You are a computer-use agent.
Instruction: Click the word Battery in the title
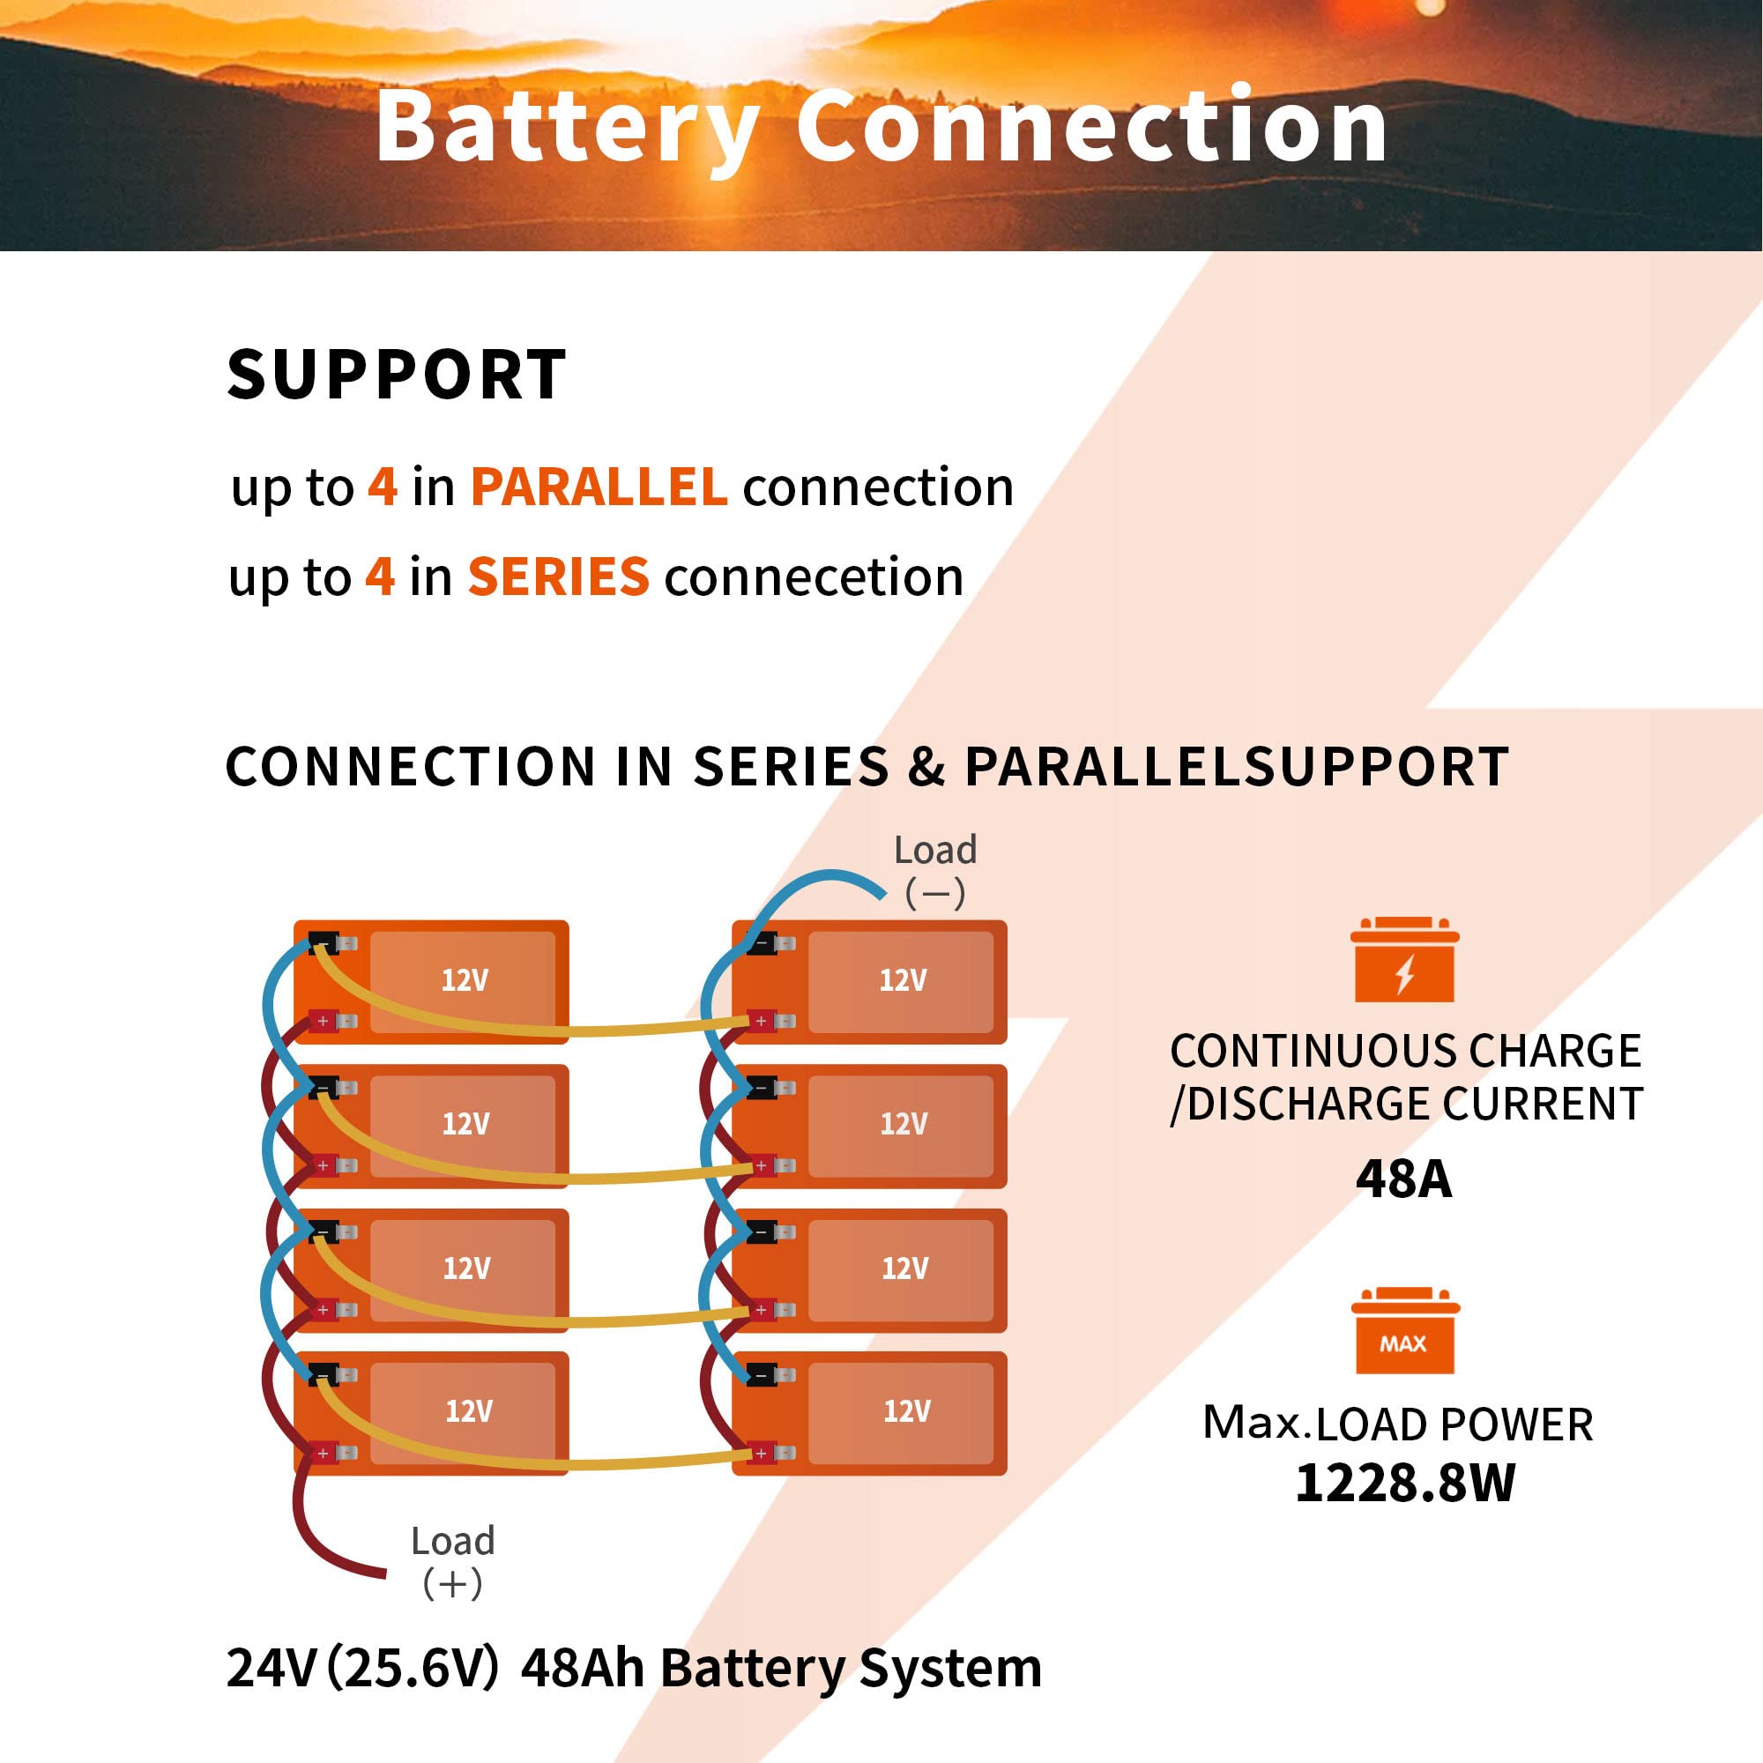point(567,128)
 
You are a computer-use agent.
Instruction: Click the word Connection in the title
point(1090,128)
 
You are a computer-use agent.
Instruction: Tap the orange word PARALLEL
point(599,487)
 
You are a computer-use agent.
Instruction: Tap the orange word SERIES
point(558,577)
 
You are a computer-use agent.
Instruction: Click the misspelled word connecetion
point(813,577)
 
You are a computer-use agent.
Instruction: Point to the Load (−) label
point(935,870)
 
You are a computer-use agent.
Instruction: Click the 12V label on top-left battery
point(465,980)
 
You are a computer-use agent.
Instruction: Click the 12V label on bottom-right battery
point(906,1411)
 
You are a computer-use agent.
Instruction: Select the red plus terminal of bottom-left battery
point(323,1453)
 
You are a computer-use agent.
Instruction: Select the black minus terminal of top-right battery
point(762,942)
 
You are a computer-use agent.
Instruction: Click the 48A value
point(1403,1179)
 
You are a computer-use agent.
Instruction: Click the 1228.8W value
point(1405,1483)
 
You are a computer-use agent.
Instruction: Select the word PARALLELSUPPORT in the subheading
point(1237,767)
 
